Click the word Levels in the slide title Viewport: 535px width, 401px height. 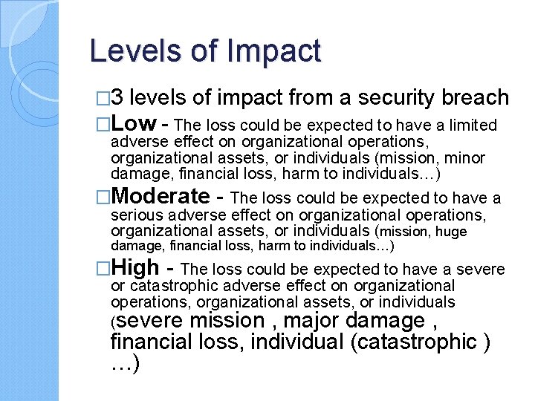pos(127,51)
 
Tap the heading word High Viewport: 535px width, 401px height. pos(135,267)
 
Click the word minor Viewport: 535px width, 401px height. pos(465,157)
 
